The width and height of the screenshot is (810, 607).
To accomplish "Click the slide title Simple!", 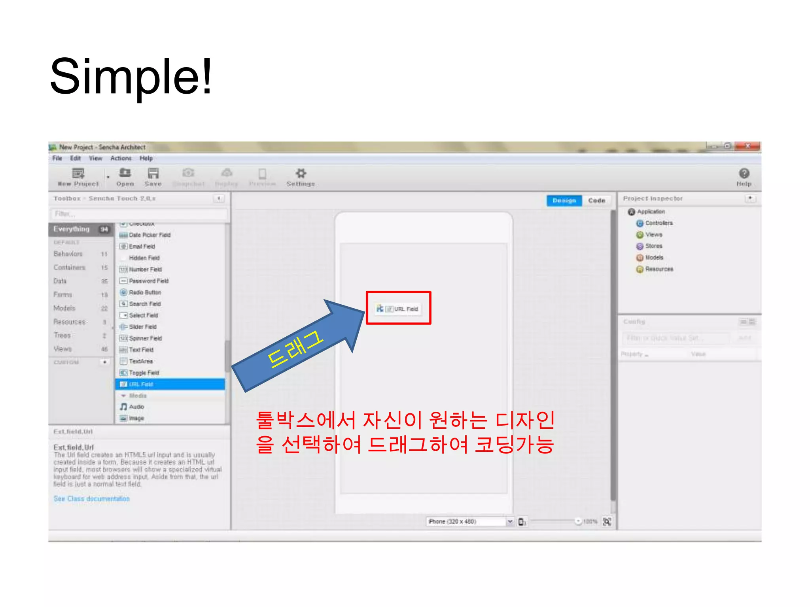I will [x=131, y=77].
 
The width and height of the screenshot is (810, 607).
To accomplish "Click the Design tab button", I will [x=564, y=201].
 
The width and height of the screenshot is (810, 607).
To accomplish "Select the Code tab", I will [x=596, y=201].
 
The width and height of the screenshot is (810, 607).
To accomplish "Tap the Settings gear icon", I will [x=301, y=173].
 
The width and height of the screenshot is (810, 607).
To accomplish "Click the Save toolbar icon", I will [x=153, y=173].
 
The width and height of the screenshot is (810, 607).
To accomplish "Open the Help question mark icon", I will [x=744, y=173].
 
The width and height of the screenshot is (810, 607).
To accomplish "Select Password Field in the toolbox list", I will [x=148, y=281].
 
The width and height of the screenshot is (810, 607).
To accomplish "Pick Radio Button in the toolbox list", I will [x=145, y=292].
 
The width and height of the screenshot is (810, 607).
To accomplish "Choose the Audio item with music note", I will [x=136, y=407].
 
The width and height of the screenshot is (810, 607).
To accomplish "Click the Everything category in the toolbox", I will [x=72, y=229].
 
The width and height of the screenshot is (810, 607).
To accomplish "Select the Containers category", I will [x=70, y=268].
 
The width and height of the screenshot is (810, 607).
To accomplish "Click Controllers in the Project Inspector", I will [x=659, y=223].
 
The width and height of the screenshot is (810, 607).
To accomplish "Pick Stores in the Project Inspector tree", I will [x=653, y=246].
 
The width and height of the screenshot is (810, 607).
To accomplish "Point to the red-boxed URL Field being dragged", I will [x=398, y=309].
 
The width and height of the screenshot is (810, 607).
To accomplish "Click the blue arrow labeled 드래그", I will [x=297, y=348].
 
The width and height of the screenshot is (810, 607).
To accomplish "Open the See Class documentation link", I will [x=92, y=499].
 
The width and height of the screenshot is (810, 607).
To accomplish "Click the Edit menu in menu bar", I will [x=75, y=158].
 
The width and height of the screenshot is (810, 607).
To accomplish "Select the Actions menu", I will [x=121, y=158].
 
